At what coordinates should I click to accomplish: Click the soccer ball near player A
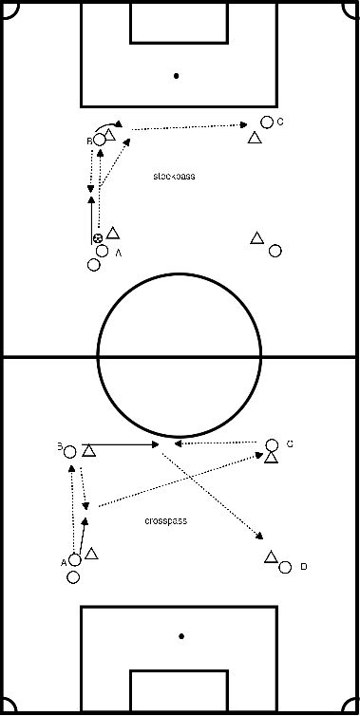click(x=98, y=238)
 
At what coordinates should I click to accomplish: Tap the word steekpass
click(x=175, y=177)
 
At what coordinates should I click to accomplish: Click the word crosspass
click(x=165, y=521)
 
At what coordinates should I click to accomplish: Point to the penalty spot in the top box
click(x=178, y=75)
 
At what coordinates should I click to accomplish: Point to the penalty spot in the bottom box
click(x=180, y=636)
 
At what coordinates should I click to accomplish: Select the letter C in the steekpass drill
click(x=281, y=122)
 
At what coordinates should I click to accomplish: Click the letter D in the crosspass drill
click(x=303, y=567)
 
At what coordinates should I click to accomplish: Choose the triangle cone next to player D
click(x=271, y=557)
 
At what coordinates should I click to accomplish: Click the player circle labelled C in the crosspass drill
click(x=272, y=444)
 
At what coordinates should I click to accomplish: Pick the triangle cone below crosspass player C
click(x=271, y=458)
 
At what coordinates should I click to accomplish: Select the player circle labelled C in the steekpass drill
click(x=267, y=122)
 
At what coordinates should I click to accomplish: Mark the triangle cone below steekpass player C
click(x=255, y=139)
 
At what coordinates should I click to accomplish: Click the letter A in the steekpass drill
click(x=119, y=254)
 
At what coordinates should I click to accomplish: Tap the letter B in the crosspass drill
click(x=59, y=445)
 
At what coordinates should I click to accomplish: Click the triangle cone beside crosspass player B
click(x=87, y=451)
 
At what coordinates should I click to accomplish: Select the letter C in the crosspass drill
click(x=290, y=443)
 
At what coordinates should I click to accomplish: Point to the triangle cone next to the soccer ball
click(x=112, y=233)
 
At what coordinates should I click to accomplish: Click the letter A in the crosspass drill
click(x=64, y=562)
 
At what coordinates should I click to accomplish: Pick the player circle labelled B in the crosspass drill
click(x=69, y=452)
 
